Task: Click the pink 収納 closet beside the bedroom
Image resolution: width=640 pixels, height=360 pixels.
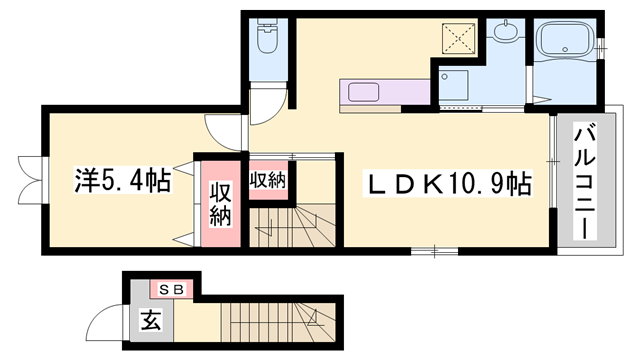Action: [220, 205]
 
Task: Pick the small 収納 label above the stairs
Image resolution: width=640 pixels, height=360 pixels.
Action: [268, 181]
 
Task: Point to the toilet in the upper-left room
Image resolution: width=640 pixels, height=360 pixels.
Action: [268, 40]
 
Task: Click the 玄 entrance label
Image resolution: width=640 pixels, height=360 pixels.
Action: [150, 322]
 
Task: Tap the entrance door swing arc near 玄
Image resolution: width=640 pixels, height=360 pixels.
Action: [105, 322]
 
